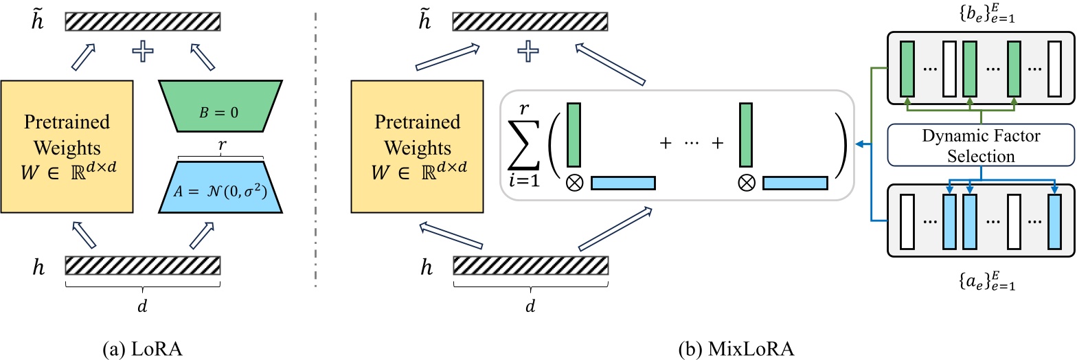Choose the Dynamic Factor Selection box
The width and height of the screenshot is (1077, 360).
[x=981, y=146]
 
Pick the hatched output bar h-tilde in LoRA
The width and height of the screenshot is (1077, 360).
[x=143, y=21]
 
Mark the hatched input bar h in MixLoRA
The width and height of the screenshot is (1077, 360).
[x=530, y=265]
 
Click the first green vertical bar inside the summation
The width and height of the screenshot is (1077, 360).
[x=574, y=135]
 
